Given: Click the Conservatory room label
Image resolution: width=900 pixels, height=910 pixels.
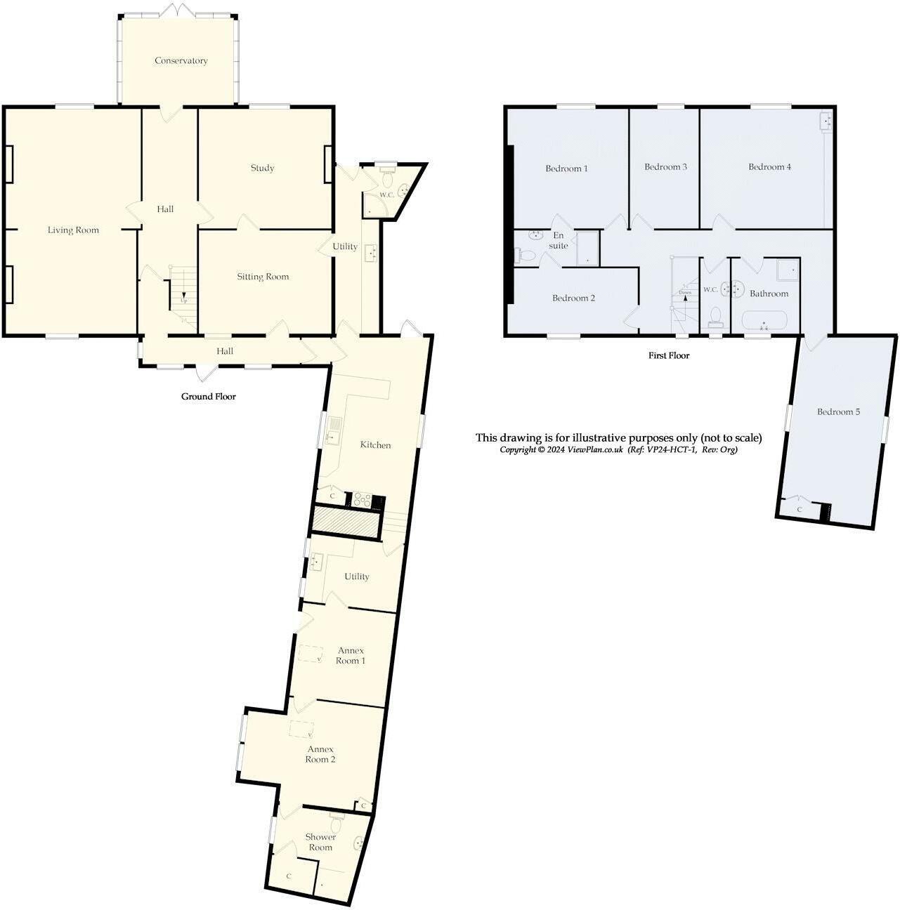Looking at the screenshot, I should [181, 61].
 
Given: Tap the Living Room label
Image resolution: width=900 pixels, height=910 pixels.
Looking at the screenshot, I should [73, 230].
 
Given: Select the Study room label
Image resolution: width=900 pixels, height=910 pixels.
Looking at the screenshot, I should [262, 168].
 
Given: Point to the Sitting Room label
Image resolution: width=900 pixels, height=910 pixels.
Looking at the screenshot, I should [262, 277].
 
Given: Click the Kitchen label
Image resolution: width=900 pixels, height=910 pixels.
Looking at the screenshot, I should [375, 445].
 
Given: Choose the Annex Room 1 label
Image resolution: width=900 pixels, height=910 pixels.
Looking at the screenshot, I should [350, 656].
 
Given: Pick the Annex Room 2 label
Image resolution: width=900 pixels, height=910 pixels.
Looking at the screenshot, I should [320, 754].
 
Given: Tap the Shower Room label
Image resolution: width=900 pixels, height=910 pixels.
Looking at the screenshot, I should [320, 842].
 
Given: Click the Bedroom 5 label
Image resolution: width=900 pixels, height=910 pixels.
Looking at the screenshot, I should [838, 412].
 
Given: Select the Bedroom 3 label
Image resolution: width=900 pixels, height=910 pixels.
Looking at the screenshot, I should [665, 167].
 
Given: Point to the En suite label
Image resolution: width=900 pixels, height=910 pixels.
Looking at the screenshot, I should [559, 241].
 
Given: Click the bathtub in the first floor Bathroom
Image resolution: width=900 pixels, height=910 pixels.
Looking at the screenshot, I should [766, 322].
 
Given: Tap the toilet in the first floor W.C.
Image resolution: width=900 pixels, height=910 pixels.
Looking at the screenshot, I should [716, 317].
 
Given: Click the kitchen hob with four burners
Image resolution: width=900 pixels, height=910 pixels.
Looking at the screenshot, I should [362, 500].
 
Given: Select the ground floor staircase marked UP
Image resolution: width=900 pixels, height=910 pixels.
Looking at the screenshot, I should [183, 291].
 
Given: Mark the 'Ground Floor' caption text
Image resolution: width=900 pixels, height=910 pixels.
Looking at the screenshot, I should [208, 397].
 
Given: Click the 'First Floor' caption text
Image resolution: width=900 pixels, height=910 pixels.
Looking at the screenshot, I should [668, 356].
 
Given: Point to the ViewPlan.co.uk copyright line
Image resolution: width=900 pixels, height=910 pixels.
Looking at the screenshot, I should [618, 450].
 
